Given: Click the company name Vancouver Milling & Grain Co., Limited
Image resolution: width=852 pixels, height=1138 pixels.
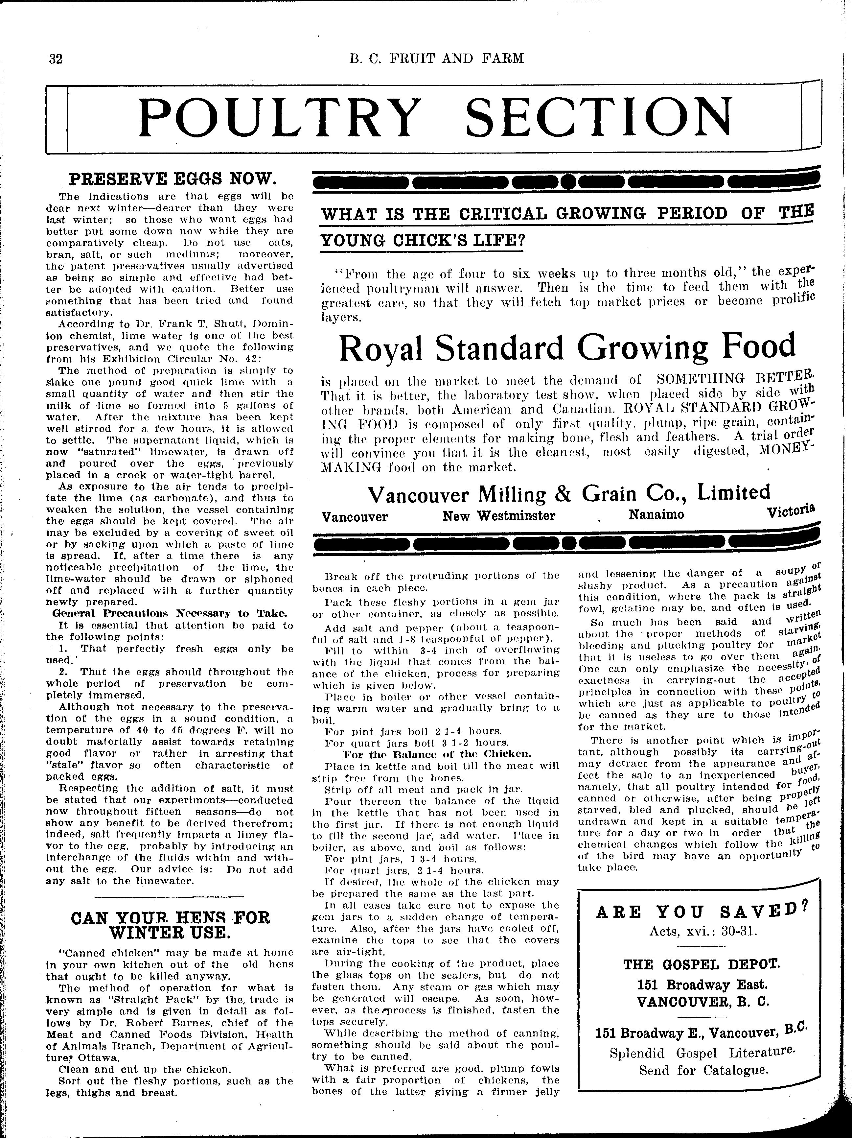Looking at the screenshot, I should [569, 494].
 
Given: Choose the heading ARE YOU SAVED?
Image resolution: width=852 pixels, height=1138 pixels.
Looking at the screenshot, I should [701, 913].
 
